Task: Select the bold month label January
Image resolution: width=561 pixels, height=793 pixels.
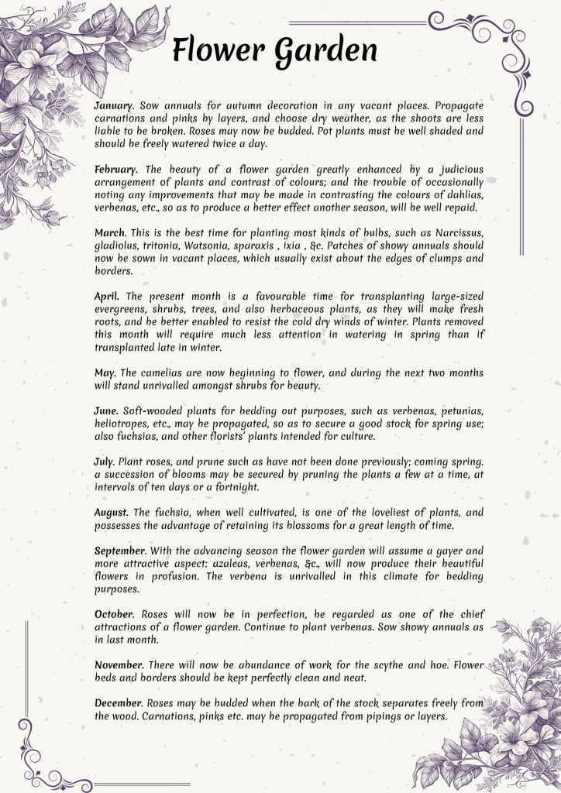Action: [x=114, y=105]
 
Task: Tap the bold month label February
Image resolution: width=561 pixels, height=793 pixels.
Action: [x=117, y=169]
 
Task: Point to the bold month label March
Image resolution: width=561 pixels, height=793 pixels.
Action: [x=110, y=233]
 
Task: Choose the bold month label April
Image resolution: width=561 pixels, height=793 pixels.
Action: [x=107, y=296]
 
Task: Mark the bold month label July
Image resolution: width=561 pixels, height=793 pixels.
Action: [x=105, y=462]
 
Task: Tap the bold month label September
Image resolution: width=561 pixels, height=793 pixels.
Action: [x=121, y=550]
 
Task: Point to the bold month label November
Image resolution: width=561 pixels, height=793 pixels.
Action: [x=119, y=664]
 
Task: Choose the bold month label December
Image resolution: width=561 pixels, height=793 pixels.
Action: [x=119, y=703]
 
